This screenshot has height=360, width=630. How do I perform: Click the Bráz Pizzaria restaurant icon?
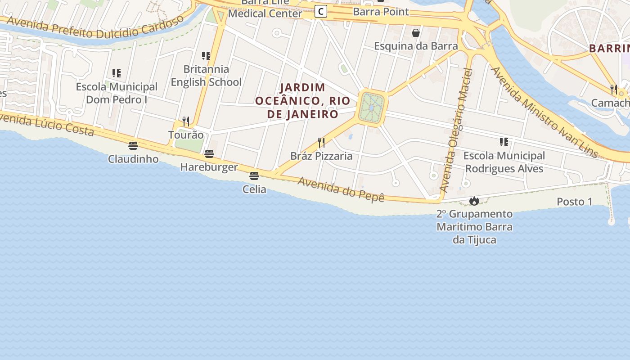(321, 143)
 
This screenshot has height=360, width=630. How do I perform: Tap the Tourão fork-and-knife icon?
(186, 121)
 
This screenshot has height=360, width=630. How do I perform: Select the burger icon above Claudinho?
(133, 146)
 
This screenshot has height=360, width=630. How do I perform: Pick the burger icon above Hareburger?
(209, 154)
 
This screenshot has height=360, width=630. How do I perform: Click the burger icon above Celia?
(254, 176)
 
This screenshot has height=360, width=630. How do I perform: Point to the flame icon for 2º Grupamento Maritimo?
(474, 201)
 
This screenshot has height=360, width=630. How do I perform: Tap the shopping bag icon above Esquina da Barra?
(416, 33)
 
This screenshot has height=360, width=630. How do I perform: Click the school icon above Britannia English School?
(206, 56)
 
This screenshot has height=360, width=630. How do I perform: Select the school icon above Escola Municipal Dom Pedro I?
(117, 73)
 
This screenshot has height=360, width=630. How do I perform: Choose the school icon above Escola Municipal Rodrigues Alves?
(504, 143)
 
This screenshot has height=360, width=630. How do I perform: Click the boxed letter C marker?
(320, 11)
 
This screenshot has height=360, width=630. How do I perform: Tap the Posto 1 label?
(575, 202)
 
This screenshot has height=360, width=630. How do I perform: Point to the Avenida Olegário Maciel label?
(457, 130)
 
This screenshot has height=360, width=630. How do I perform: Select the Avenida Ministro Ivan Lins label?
(544, 112)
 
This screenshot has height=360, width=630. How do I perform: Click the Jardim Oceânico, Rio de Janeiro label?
(302, 101)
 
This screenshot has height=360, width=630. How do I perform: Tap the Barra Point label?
(381, 12)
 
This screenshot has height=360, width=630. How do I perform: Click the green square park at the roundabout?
(372, 108)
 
